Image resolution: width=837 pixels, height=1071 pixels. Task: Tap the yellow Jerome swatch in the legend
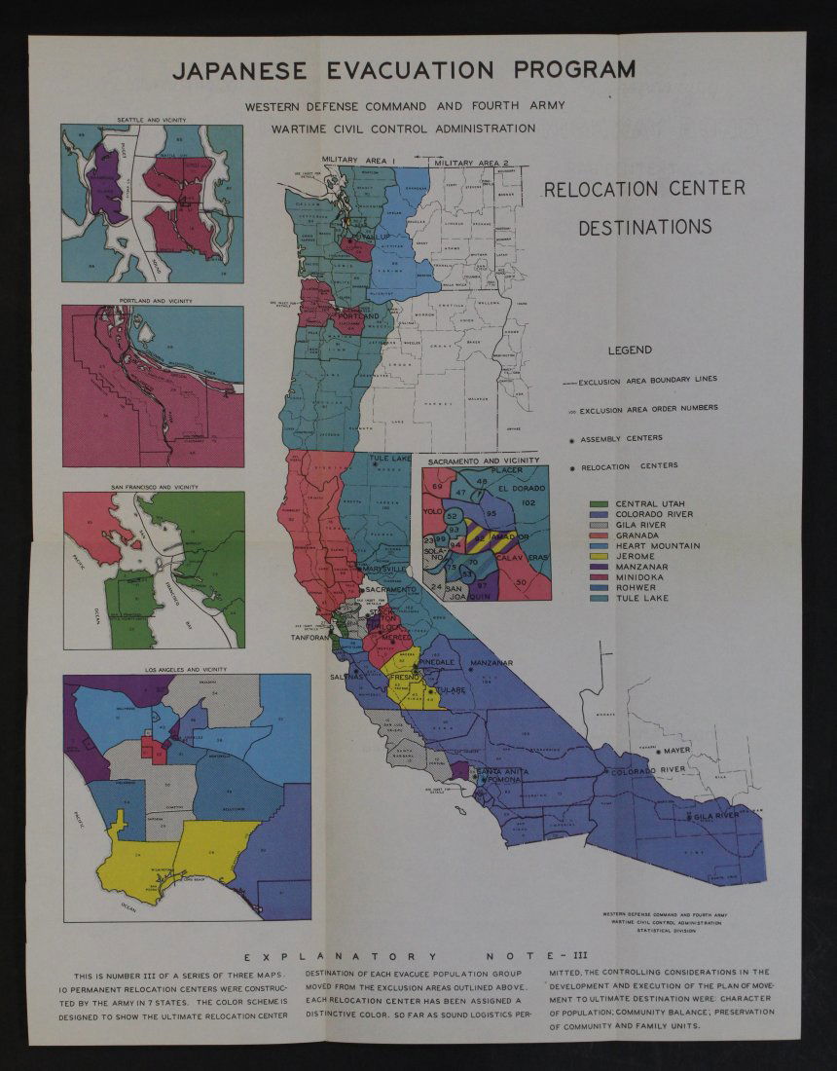pyautogui.click(x=600, y=556)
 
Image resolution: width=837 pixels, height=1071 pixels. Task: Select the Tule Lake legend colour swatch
pyautogui.click(x=600, y=598)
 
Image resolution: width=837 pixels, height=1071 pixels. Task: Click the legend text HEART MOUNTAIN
pyautogui.click(x=657, y=545)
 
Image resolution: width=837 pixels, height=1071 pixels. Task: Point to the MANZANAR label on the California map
pyautogui.click(x=491, y=663)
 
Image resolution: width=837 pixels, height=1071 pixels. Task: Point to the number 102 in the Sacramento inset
pyautogui.click(x=528, y=502)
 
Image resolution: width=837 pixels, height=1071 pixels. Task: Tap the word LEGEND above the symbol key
pyautogui.click(x=630, y=351)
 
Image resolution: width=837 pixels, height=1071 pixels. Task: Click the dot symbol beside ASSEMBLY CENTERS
pyautogui.click(x=571, y=439)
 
